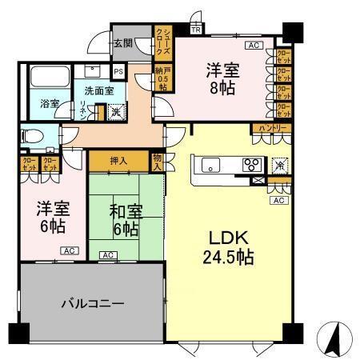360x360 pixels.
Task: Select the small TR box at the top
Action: pos(196,30)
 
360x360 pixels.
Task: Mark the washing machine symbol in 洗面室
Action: pos(116,112)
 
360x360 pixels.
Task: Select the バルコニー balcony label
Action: pos(94,304)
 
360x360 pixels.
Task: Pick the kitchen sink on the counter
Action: pos(211,166)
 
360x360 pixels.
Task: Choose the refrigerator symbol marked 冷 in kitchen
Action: pos(280,164)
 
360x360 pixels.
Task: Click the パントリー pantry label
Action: pos(271,129)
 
